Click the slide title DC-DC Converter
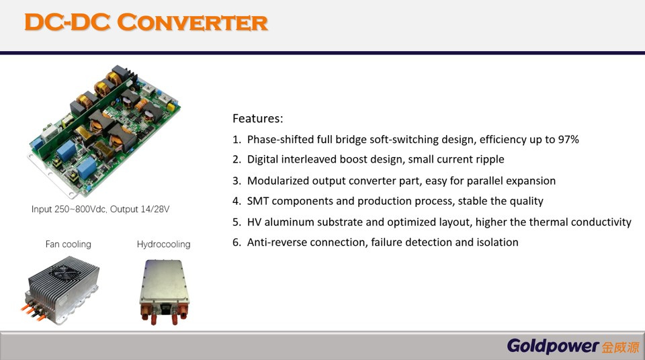pyautogui.click(x=146, y=22)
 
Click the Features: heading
pyautogui.click(x=258, y=119)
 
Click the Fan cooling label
pyautogui.click(x=68, y=244)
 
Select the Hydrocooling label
pyautogui.click(x=163, y=244)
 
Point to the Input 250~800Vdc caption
pyautogui.click(x=100, y=210)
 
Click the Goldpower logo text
pyautogui.click(x=552, y=346)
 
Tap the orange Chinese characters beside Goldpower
pyautogui.click(x=619, y=347)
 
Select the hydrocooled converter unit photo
pyautogui.click(x=163, y=289)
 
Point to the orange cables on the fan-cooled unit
pyautogui.click(x=34, y=308)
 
